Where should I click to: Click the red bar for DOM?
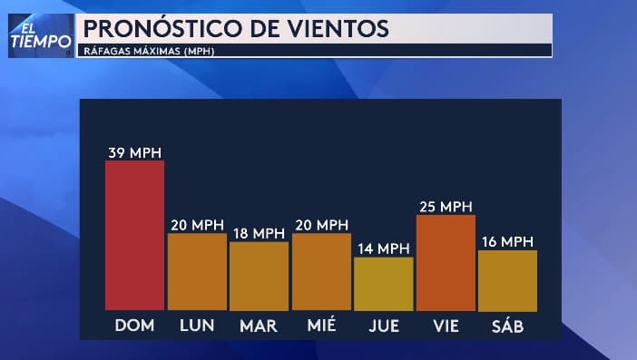point(134,235)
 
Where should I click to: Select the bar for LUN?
point(197,272)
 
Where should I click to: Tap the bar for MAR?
point(259,276)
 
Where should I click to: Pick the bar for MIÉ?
point(321,272)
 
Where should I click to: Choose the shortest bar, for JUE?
point(383,284)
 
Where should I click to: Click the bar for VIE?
point(446,263)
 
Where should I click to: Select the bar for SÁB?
point(507,280)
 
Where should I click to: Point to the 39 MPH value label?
point(134,151)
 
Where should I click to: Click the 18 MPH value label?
point(259,233)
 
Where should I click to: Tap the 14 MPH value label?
point(383,248)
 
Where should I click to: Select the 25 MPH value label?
point(446,207)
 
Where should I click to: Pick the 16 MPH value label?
point(507,241)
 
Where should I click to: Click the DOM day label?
point(134,325)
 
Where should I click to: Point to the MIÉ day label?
point(321,325)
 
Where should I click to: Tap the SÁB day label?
point(507,325)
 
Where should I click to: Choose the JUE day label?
point(383,325)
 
